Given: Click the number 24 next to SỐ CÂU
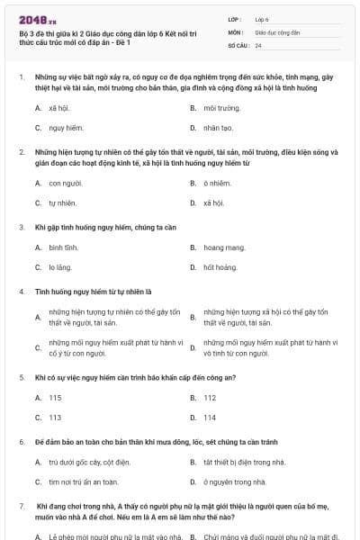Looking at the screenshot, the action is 258,44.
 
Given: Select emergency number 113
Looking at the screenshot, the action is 55,418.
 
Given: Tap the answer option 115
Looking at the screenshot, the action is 55,397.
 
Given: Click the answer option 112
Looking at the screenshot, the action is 210,397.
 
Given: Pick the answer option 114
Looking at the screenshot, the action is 210,418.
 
